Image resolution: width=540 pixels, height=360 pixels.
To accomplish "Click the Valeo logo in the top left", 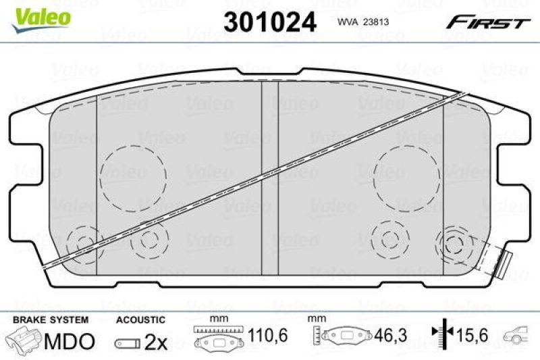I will point(41,16).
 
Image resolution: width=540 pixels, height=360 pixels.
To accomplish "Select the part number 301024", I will point(269,21).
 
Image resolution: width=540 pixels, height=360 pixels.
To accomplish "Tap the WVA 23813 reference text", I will point(364,22).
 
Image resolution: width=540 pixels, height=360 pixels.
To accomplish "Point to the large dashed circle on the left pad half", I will point(133,176).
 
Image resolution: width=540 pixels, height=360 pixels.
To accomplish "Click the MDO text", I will point(69,342).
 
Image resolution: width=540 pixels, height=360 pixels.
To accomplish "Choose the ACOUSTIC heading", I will point(140,319).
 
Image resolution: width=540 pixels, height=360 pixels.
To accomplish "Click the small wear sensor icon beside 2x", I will point(126,342).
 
